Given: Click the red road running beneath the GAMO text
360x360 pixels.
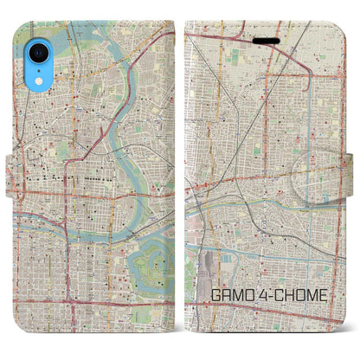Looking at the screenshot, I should [260, 312].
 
